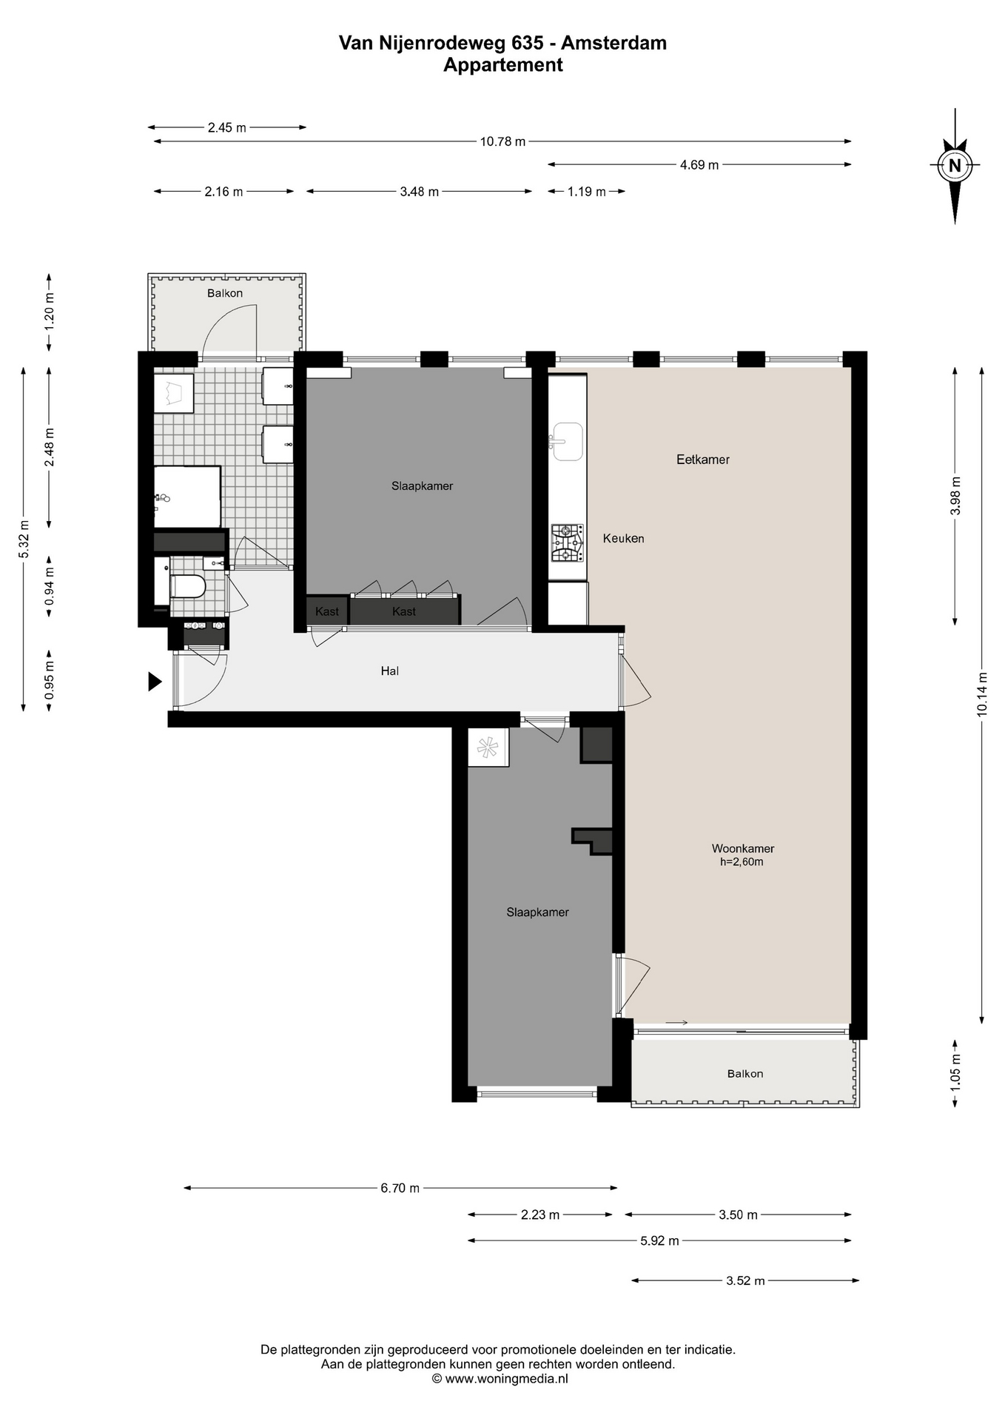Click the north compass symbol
pyautogui.click(x=955, y=166)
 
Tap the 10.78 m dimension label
pyautogui.click(x=502, y=141)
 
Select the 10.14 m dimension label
pyautogui.click(x=982, y=693)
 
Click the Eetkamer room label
pyautogui.click(x=703, y=460)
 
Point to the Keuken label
pyautogui.click(x=623, y=539)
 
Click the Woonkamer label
pyautogui.click(x=743, y=849)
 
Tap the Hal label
pyautogui.click(x=390, y=671)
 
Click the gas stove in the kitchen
pyautogui.click(x=567, y=543)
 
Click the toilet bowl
pyautogui.click(x=187, y=587)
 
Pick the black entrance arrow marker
pyautogui.click(x=155, y=681)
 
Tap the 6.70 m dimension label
pyautogui.click(x=400, y=1188)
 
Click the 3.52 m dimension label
pyautogui.click(x=745, y=1280)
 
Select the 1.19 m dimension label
pyautogui.click(x=587, y=192)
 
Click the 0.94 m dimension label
pyautogui.click(x=50, y=586)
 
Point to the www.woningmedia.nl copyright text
pyautogui.click(x=500, y=1378)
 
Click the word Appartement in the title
pyautogui.click(x=503, y=65)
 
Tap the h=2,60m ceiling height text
pyautogui.click(x=742, y=862)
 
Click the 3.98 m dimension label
pyautogui.click(x=955, y=495)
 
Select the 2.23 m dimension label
pyautogui.click(x=540, y=1215)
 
